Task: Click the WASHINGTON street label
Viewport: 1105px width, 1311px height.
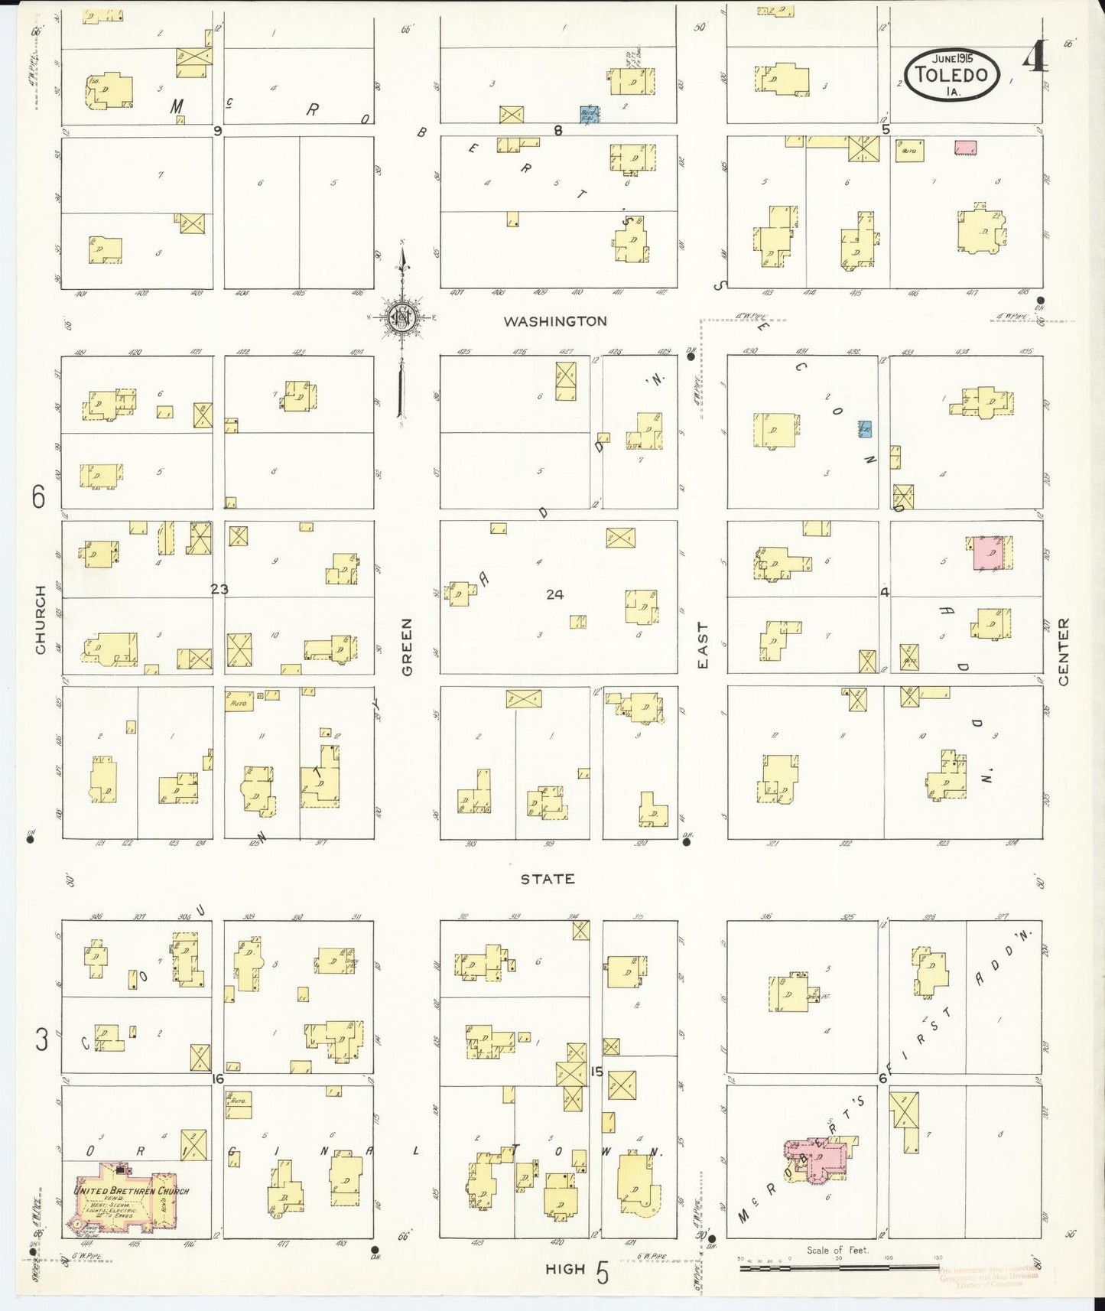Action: click(x=555, y=321)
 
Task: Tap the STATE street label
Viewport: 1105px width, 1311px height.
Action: click(x=548, y=879)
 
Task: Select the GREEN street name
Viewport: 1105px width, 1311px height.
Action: click(x=407, y=646)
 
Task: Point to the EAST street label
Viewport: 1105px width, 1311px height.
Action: click(x=703, y=645)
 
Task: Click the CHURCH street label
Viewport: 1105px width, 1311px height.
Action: click(x=41, y=620)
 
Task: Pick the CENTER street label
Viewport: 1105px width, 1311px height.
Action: click(x=1064, y=652)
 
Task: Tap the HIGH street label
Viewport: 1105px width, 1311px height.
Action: click(x=565, y=1269)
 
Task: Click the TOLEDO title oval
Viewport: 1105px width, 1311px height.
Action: click(x=952, y=75)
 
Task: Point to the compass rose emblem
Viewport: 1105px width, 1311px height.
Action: click(x=401, y=317)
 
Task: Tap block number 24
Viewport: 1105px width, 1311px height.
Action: click(x=554, y=594)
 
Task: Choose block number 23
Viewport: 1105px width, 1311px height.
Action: click(x=219, y=589)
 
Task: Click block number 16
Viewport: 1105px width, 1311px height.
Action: click(x=218, y=1078)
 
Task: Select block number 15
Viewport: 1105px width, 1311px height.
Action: click(x=596, y=1071)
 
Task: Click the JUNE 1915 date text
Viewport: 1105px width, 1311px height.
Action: click(x=952, y=58)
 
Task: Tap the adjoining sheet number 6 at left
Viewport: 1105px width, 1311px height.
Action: click(x=38, y=497)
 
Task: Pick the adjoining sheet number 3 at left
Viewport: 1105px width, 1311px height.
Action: click(x=41, y=1039)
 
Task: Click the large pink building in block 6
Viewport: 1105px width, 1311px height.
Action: click(x=818, y=1159)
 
